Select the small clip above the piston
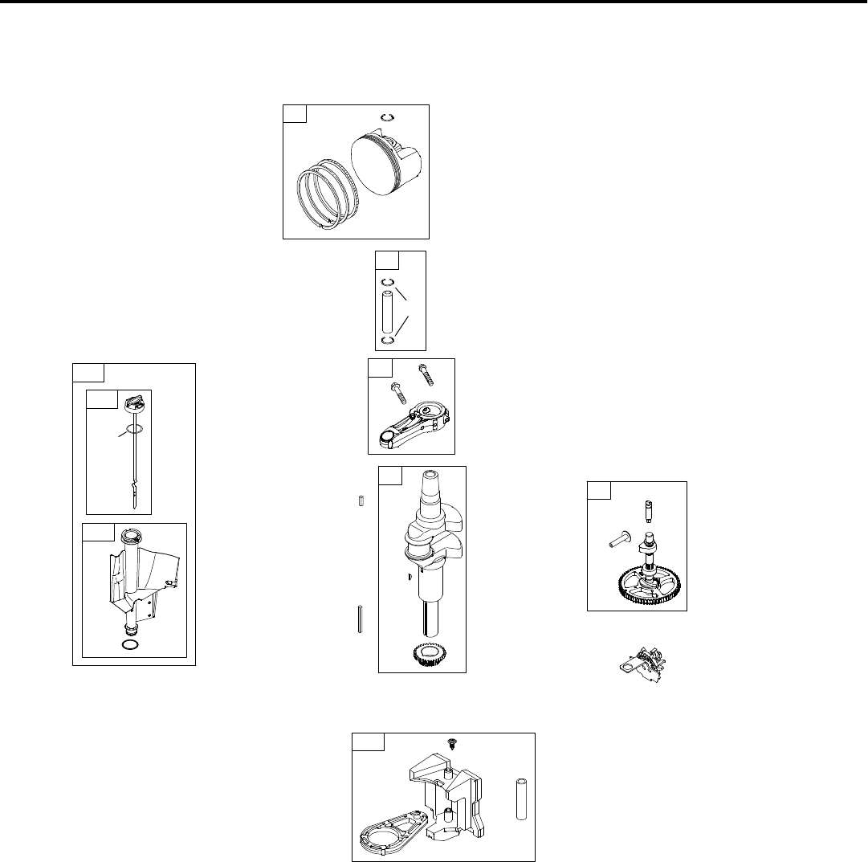[386, 117]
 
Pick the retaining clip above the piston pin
[386, 282]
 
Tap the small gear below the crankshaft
[422, 654]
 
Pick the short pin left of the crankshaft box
[361, 501]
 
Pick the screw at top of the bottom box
[450, 746]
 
